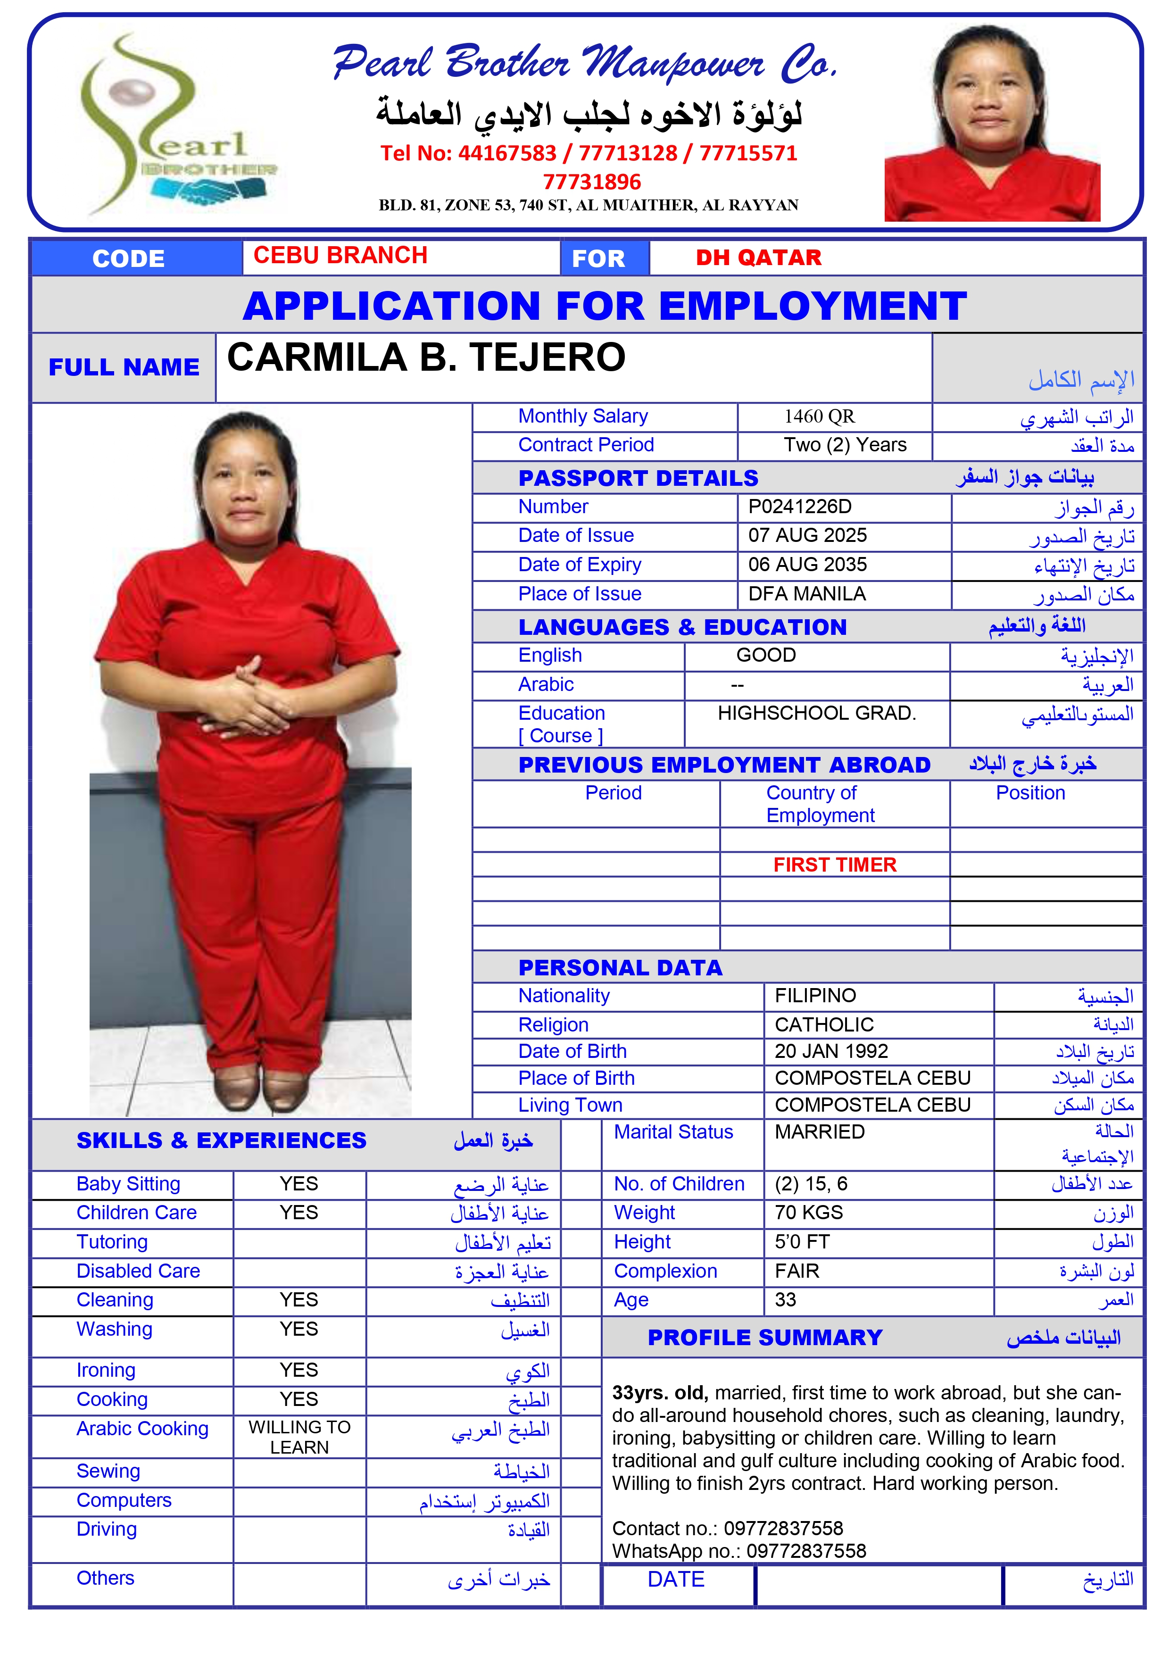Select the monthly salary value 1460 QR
819,416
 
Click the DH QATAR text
758,258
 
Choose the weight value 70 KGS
808,1213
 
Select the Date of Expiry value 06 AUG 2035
807,565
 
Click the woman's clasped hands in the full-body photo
241,696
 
